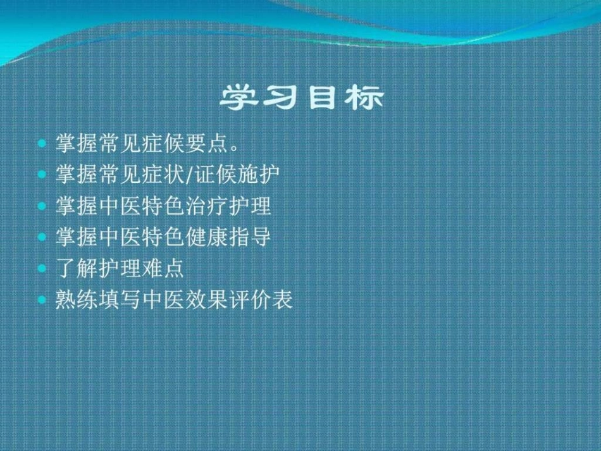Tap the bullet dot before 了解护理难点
pos(42,268)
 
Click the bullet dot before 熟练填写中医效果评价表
pos(42,300)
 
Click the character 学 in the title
pos(240,99)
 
